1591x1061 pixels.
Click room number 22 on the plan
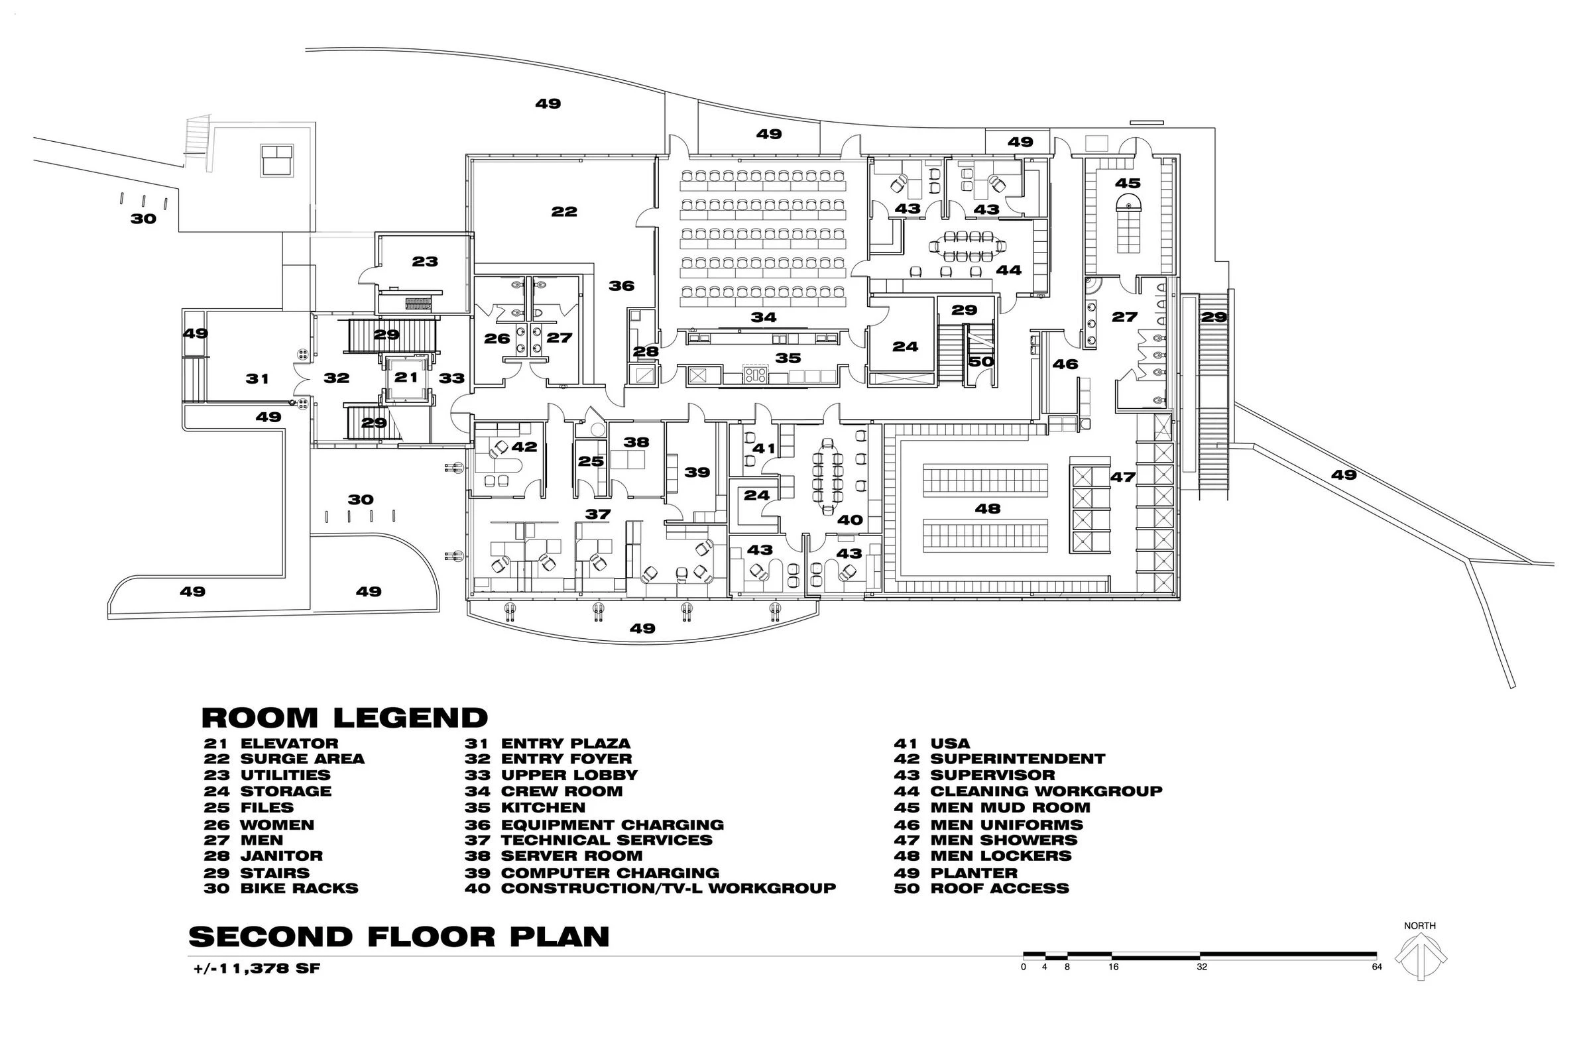pyautogui.click(x=563, y=212)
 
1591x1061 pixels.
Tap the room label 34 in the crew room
pyautogui.click(x=764, y=317)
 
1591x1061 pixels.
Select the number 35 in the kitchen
pyautogui.click(x=788, y=358)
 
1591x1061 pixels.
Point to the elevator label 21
pyautogui.click(x=406, y=377)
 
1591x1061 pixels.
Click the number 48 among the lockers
pyautogui.click(x=987, y=508)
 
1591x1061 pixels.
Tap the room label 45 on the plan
pyautogui.click(x=1128, y=183)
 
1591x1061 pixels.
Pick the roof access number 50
pyautogui.click(x=980, y=361)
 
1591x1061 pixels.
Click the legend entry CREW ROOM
pyautogui.click(x=561, y=791)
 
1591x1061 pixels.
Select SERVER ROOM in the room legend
pyautogui.click(x=571, y=856)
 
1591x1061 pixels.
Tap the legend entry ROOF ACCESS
pyautogui.click(x=1000, y=889)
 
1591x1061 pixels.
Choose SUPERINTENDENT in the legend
pyautogui.click(x=1017, y=759)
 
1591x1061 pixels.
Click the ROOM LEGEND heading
pyautogui.click(x=345, y=717)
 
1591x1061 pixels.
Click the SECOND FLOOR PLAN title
pyautogui.click(x=398, y=937)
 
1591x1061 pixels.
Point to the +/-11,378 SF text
pyautogui.click(x=257, y=968)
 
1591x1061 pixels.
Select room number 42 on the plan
pyautogui.click(x=524, y=447)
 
